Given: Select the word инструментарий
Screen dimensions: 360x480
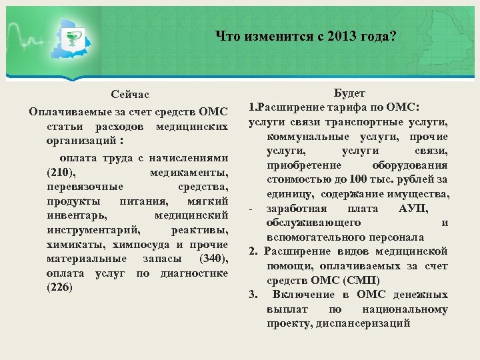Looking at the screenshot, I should pos(94,230).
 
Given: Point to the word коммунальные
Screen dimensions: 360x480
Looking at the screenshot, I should pos(300,136).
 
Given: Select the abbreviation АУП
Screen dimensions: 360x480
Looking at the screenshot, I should pos(413,209).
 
